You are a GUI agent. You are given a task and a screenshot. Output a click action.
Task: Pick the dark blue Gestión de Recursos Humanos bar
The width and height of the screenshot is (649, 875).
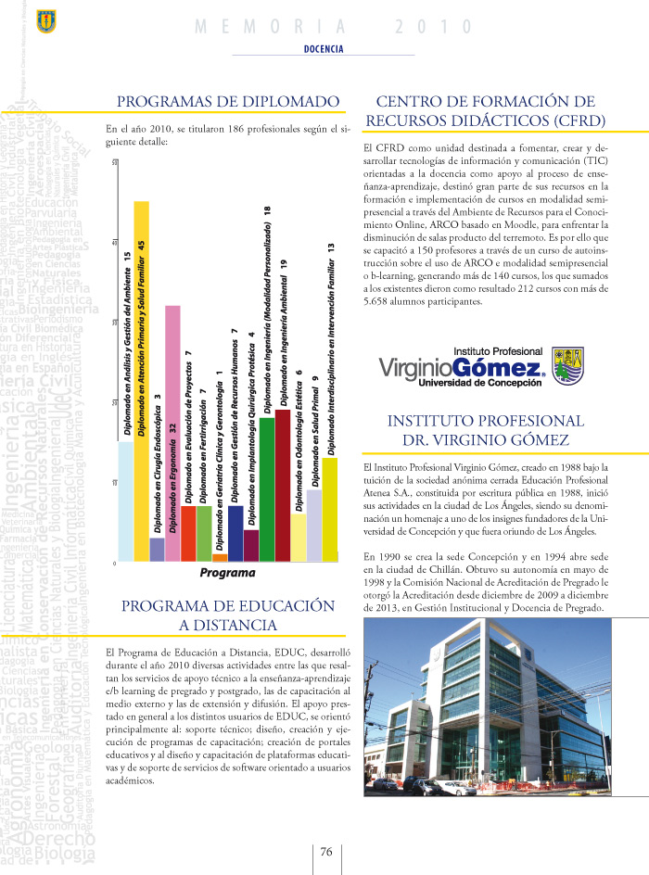235,533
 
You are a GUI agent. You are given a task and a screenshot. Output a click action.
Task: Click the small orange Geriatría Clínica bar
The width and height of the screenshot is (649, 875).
220,557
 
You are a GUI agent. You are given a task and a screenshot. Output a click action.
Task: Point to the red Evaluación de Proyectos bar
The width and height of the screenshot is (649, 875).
188,533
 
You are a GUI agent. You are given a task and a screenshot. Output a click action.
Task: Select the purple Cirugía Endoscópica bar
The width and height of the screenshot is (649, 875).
157,549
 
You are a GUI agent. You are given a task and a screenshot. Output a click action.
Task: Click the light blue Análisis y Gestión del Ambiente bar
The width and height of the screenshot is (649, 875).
126,501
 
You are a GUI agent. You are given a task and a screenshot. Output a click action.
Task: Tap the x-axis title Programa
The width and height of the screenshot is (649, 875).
227,573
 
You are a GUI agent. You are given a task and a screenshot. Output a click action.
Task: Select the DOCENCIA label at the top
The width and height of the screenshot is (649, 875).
324,48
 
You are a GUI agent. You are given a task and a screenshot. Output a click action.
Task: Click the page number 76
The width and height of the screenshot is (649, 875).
326,852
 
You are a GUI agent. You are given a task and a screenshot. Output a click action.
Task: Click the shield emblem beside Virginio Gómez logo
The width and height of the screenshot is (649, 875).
566,365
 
